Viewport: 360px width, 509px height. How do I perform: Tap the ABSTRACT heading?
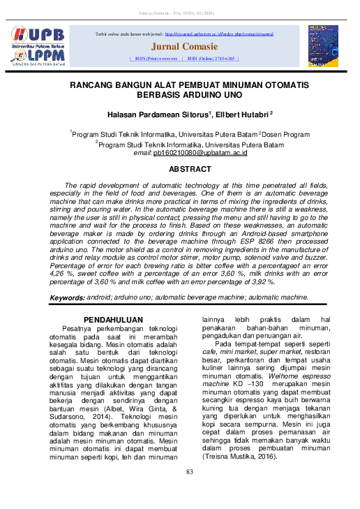tap(190, 170)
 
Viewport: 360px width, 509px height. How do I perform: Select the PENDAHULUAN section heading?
tap(114, 319)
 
